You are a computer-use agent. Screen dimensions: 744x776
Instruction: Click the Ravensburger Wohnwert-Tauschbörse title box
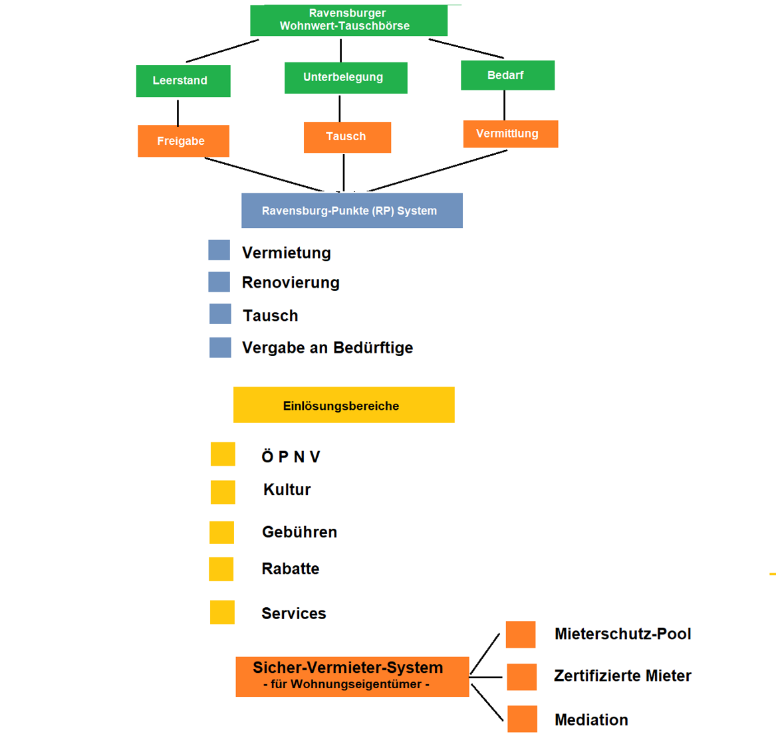coord(348,20)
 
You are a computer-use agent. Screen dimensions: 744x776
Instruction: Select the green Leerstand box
coord(183,81)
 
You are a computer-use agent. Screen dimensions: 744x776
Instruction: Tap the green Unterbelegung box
coord(345,78)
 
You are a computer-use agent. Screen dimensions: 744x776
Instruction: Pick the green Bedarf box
coord(507,75)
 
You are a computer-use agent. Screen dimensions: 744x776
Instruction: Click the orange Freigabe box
coord(184,141)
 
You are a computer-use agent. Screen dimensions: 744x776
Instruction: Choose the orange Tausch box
coord(347,137)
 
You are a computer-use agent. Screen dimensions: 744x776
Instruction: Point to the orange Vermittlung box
coord(510,134)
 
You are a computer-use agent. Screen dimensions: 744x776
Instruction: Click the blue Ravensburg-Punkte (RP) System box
coord(352,211)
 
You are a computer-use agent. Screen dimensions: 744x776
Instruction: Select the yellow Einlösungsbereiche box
coord(344,405)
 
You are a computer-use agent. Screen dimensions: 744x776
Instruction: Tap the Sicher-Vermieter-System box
coord(352,676)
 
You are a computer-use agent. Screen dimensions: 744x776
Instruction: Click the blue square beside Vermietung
coord(219,250)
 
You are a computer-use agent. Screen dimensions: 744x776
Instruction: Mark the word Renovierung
coord(291,283)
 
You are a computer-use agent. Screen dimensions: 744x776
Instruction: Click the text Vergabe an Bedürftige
coord(327,348)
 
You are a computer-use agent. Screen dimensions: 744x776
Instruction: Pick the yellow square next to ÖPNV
coord(223,454)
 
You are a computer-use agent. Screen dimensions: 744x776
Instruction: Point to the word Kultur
coord(287,490)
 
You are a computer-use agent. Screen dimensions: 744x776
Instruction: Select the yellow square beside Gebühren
coord(221,533)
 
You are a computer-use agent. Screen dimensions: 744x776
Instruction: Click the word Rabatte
coord(291,569)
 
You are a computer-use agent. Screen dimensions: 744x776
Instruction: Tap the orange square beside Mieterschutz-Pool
coord(521,634)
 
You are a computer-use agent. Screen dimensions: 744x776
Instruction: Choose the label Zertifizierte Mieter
coord(622,676)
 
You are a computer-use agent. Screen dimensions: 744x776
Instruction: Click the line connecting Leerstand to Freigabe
coord(178,112)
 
